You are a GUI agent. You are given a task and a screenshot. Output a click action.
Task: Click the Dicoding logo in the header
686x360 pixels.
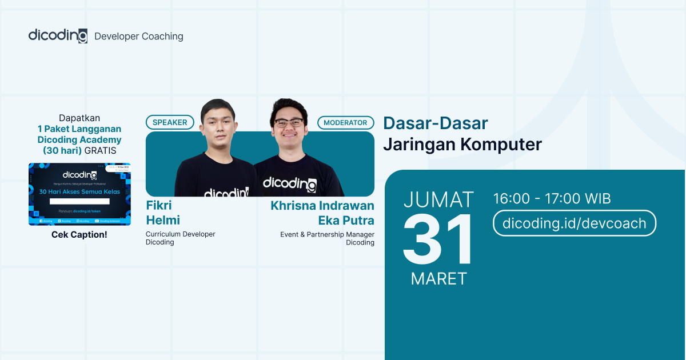[x=58, y=35]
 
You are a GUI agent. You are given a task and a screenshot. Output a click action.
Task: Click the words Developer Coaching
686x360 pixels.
[x=139, y=37]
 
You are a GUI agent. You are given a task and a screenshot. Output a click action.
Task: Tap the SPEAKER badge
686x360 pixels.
[x=170, y=122]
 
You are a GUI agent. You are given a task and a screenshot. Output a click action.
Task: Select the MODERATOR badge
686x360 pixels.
[x=346, y=122]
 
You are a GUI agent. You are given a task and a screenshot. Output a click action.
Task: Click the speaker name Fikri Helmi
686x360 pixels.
[x=163, y=213]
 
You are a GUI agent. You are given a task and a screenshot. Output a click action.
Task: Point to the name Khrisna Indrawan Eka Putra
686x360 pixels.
[x=322, y=213]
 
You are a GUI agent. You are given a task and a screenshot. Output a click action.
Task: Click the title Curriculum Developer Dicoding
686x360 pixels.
[x=180, y=238]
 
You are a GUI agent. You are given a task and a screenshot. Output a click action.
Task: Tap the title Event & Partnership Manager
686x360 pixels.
[x=327, y=234]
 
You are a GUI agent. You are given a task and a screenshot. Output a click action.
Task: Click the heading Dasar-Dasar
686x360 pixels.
[x=435, y=123]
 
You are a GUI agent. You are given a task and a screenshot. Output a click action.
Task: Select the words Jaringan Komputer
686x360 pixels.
[x=462, y=145]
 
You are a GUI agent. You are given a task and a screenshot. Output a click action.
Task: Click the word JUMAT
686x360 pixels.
[x=438, y=199]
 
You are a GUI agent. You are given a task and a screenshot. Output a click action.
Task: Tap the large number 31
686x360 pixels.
[x=438, y=241]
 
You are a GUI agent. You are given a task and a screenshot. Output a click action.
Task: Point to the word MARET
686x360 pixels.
[x=438, y=278]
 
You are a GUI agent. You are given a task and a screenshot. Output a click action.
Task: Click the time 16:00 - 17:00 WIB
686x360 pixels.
[x=552, y=199]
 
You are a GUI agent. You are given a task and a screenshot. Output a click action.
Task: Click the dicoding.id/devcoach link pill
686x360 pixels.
[x=574, y=223]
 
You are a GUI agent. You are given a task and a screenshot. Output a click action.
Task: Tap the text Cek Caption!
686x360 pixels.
[x=79, y=234]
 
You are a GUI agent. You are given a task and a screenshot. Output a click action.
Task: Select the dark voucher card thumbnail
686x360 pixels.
[x=79, y=194]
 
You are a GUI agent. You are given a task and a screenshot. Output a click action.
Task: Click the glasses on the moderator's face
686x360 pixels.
[x=289, y=122]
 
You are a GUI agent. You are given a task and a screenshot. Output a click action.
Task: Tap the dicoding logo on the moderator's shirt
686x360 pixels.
[x=289, y=183]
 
